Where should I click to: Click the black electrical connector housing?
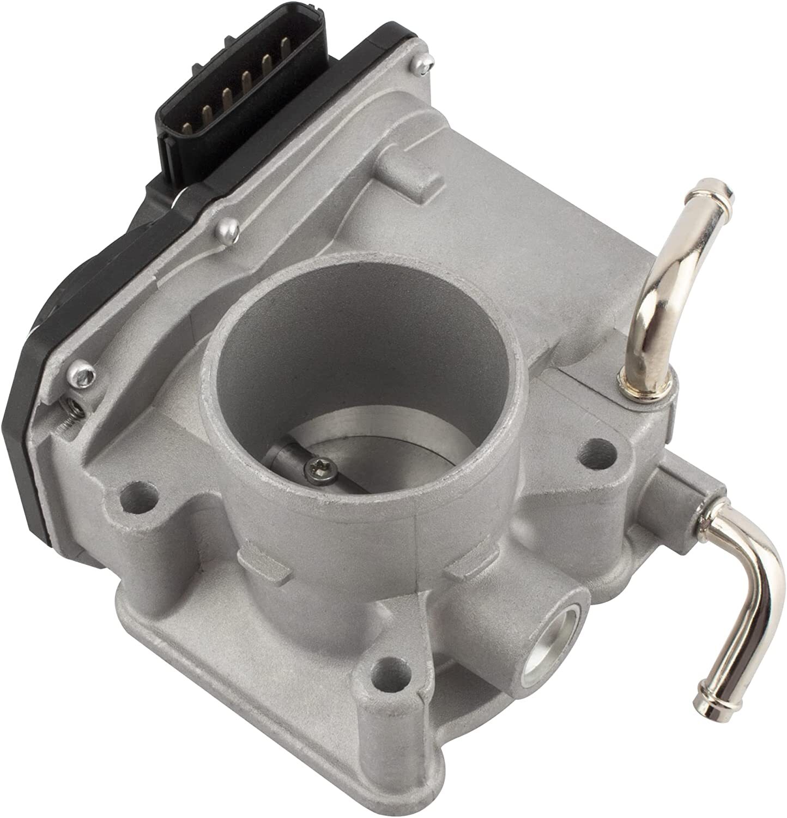pos(196,104)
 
